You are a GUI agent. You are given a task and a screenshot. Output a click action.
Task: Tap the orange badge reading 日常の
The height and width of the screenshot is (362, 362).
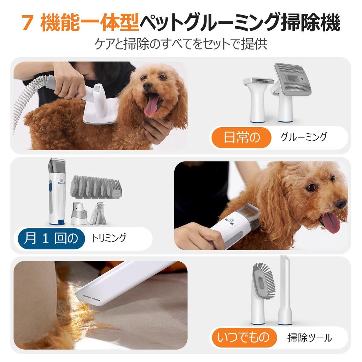242,137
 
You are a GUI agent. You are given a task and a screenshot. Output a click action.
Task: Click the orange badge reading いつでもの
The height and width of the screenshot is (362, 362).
243,337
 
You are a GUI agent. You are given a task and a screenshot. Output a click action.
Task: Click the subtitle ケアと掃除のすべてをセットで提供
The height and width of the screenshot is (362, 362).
181,44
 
